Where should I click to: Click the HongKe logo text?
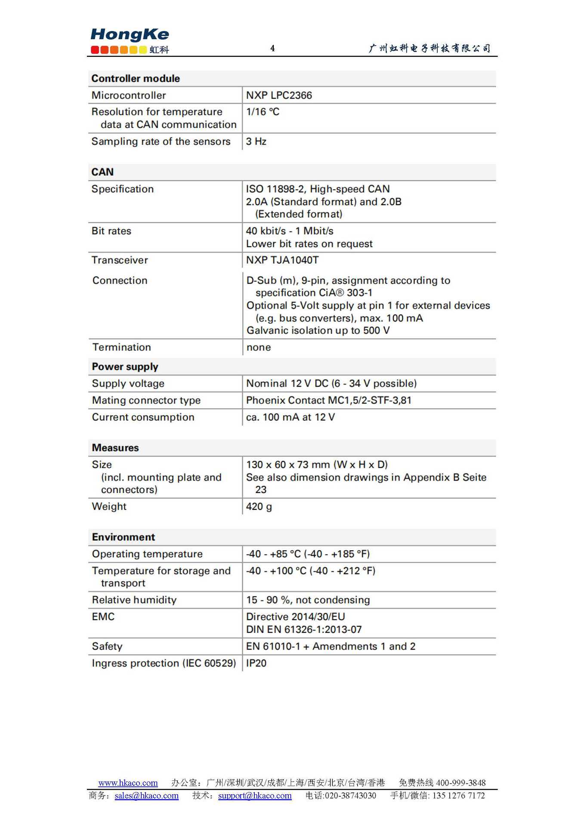pyautogui.click(x=130, y=34)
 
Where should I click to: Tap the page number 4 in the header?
pyautogui.click(x=272, y=48)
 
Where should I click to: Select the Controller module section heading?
pyautogui.click(x=136, y=78)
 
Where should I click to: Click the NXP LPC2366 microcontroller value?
pyautogui.click(x=279, y=95)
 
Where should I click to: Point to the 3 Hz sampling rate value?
pyautogui.click(x=256, y=142)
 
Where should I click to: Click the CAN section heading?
pyautogui.click(x=102, y=172)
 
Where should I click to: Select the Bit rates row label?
pyautogui.click(x=111, y=231)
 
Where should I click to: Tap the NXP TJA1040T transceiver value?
pyautogui.click(x=282, y=260)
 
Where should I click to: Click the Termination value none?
pyautogui.click(x=259, y=347)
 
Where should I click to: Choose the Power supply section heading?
pyautogui.click(x=125, y=367)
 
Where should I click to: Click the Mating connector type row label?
pyautogui.click(x=146, y=400)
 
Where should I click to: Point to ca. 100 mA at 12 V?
pyautogui.click(x=290, y=417)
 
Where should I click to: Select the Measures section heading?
pyautogui.click(x=115, y=448)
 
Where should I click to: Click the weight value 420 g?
pyautogui.click(x=259, y=506)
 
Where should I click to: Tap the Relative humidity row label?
pyautogui.click(x=134, y=600)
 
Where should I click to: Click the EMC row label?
pyautogui.click(x=103, y=616)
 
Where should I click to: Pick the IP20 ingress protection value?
pyautogui.click(x=256, y=663)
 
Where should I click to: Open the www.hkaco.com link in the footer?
pyautogui.click(x=128, y=783)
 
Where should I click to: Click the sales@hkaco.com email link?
pyautogui.click(x=146, y=795)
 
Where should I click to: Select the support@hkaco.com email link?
pyautogui.click(x=255, y=795)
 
